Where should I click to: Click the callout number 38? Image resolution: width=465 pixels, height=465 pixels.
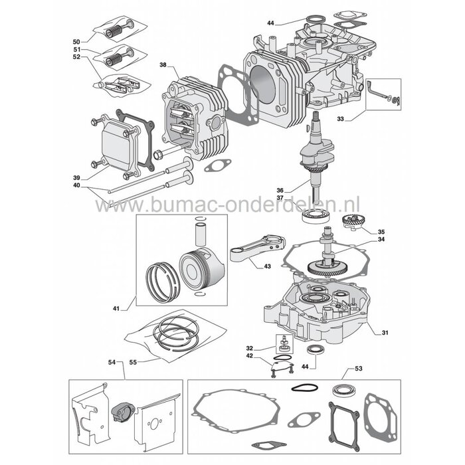tap(163, 65)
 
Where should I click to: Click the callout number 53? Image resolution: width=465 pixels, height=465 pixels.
tap(359, 367)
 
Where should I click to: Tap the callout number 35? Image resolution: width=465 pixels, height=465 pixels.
tap(381, 232)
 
